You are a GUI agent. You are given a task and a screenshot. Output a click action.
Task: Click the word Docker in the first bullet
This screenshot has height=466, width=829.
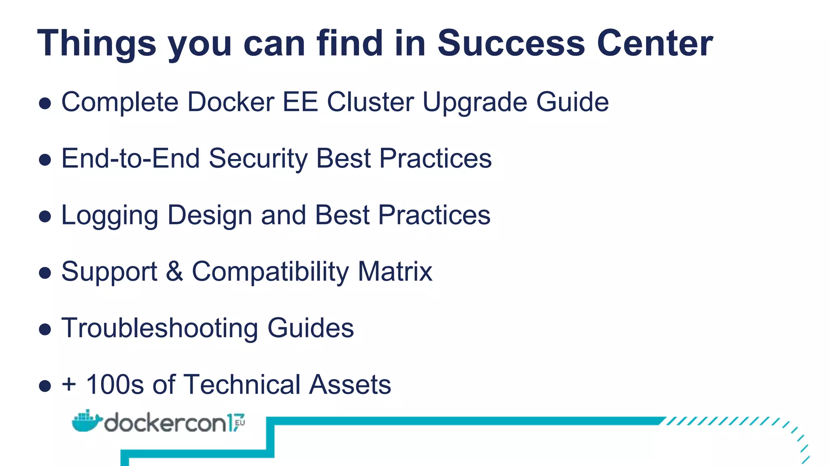click(x=231, y=102)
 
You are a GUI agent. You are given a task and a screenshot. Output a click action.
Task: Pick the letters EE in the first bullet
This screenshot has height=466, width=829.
click(x=300, y=102)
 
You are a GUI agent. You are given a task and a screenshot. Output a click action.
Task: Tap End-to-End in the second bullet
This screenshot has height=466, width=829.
click(x=130, y=158)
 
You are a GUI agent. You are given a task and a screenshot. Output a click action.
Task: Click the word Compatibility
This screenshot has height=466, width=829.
click(x=270, y=272)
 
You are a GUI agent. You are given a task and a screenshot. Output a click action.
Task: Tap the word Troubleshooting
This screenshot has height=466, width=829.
click(x=159, y=328)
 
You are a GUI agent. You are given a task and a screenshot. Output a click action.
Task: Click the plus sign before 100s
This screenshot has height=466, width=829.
click(x=69, y=384)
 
